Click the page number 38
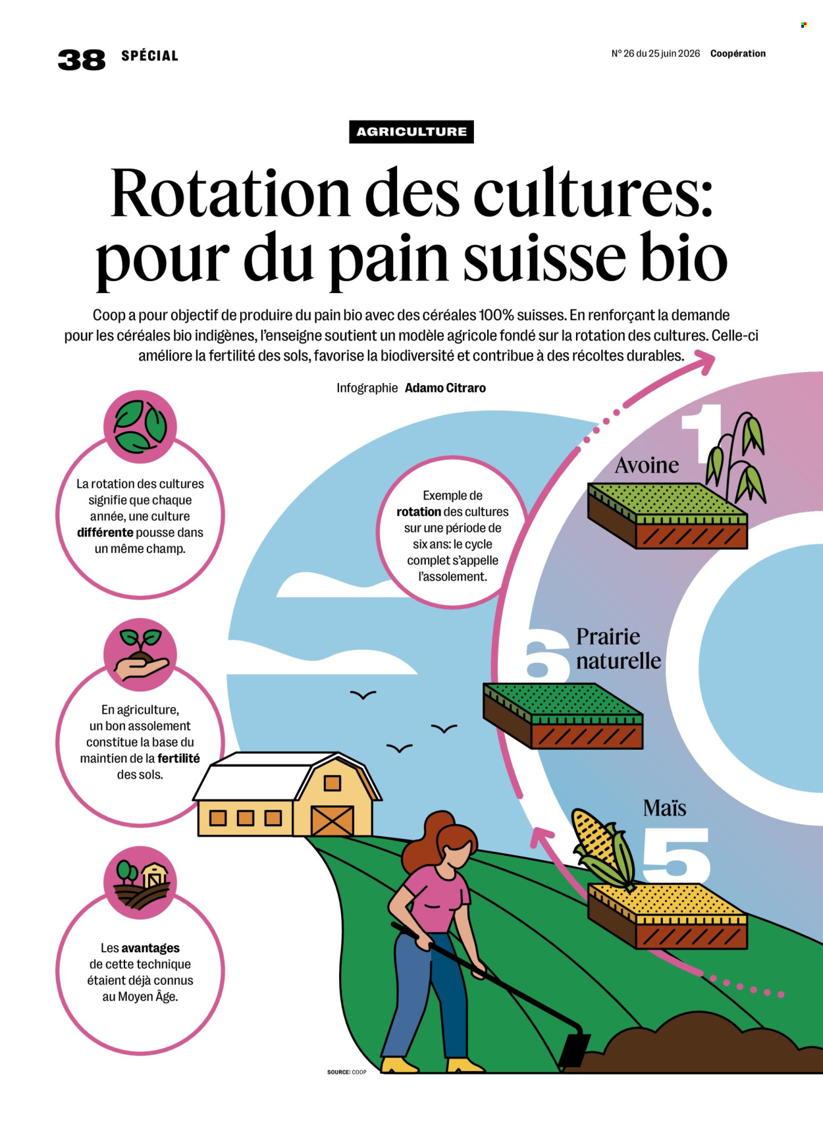[x=81, y=59]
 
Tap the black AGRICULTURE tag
[x=411, y=132]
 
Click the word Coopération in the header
[x=737, y=53]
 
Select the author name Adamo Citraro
[x=445, y=388]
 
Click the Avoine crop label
[x=647, y=465]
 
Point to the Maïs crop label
[x=664, y=808]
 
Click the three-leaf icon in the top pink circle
[x=140, y=426]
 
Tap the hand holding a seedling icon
[x=141, y=654]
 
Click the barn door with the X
[x=332, y=820]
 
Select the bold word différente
[x=105, y=532]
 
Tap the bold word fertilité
[x=178, y=758]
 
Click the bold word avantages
[x=150, y=948]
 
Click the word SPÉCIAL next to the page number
[x=149, y=56]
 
